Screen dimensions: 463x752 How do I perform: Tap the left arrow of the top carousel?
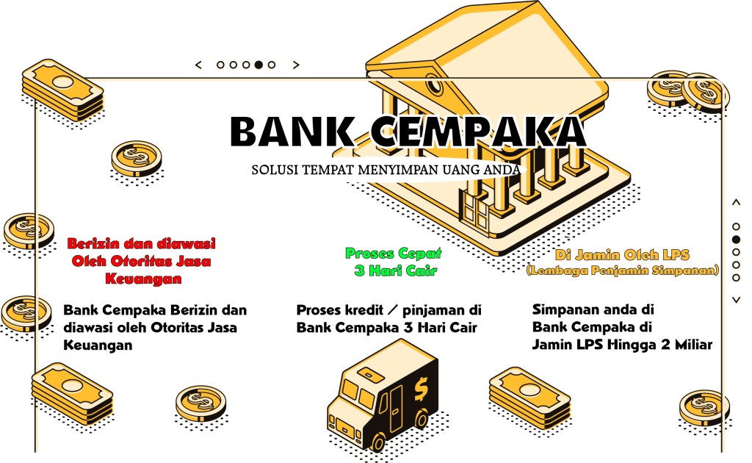pyautogui.click(x=198, y=65)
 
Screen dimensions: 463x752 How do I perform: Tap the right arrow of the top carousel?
pyautogui.click(x=296, y=65)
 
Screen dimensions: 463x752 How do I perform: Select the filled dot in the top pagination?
pyautogui.click(x=258, y=65)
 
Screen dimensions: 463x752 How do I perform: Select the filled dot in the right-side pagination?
pyautogui.click(x=736, y=240)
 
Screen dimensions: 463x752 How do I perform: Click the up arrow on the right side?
pyautogui.click(x=736, y=202)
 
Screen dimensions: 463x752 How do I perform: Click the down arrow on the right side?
pyautogui.click(x=736, y=299)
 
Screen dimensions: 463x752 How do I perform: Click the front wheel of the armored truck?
pyautogui.click(x=377, y=442)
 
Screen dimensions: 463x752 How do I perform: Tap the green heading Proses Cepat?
pyautogui.click(x=394, y=254)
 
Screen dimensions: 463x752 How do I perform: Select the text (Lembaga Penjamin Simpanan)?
pyautogui.click(x=622, y=271)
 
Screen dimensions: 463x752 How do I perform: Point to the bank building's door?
pyautogui.click(x=476, y=211)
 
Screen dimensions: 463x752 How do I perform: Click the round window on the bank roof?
pyautogui.click(x=435, y=87)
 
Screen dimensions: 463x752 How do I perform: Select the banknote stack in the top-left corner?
pyautogui.click(x=62, y=90)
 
